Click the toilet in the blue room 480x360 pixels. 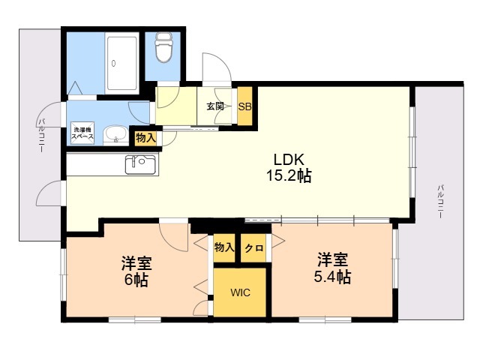(163, 47)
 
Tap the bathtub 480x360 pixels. (121, 63)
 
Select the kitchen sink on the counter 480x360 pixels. (140, 165)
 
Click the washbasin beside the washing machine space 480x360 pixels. (115, 136)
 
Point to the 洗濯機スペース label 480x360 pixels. (82, 133)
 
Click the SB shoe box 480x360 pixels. (245, 106)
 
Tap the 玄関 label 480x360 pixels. (215, 106)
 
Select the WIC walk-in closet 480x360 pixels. (240, 292)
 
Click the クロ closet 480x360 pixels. (253, 248)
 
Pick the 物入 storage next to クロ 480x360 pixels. (224, 248)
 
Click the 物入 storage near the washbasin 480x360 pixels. (145, 138)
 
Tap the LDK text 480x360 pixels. (289, 160)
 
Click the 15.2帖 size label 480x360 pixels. (289, 176)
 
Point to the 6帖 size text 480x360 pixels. (136, 280)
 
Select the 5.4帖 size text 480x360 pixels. (332, 277)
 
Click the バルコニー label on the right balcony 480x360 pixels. (440, 202)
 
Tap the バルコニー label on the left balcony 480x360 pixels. (42, 135)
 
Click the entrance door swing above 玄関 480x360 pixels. (216, 67)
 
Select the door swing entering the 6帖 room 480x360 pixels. (173, 237)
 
